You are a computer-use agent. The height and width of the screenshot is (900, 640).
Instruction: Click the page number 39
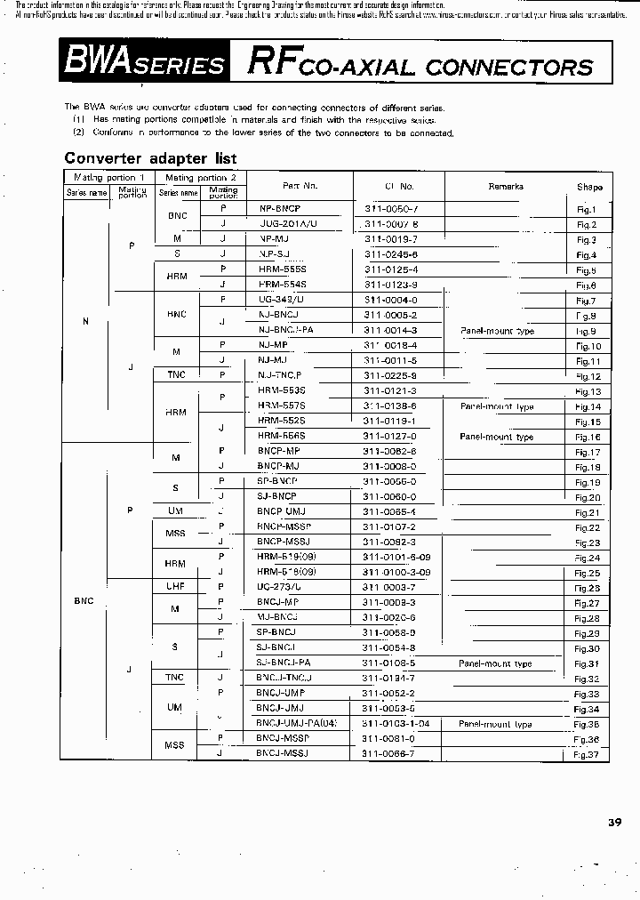point(614,822)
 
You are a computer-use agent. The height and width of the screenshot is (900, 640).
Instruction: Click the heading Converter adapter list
point(150,158)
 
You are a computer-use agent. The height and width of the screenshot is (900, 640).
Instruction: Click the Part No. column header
point(300,186)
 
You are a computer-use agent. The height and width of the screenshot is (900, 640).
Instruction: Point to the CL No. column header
point(399,186)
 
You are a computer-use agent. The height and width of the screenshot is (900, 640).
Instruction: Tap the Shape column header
point(588,187)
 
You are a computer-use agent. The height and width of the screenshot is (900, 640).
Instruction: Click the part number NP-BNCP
point(280,209)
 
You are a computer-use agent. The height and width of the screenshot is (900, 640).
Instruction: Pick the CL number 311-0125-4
point(390,269)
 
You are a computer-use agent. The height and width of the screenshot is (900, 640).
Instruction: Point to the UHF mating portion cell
point(175,587)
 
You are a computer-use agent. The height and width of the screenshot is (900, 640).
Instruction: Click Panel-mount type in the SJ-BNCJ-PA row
point(495,663)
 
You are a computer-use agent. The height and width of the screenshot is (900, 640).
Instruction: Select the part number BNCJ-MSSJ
point(284,753)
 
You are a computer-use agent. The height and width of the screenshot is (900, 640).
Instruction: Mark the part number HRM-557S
point(282,406)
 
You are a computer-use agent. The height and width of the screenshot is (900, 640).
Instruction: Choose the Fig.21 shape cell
point(587,512)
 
